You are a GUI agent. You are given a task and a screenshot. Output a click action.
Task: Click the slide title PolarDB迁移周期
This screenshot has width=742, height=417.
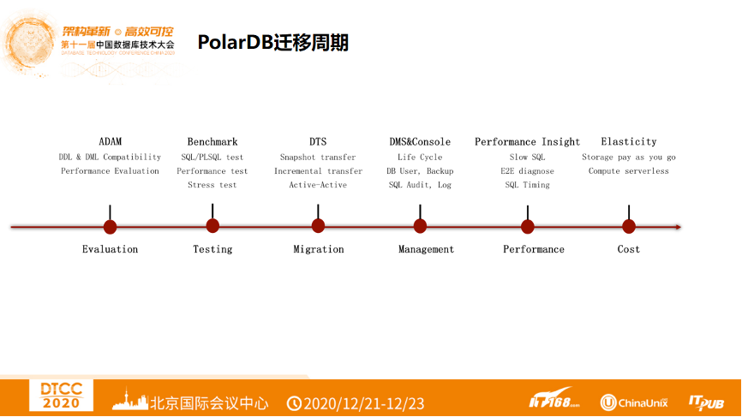(272, 43)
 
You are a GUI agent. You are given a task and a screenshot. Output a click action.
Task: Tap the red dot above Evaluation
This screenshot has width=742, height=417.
(110, 227)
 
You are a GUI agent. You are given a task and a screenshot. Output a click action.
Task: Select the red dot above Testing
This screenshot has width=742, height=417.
(212, 226)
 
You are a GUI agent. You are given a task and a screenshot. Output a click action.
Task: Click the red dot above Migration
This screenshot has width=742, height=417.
(318, 226)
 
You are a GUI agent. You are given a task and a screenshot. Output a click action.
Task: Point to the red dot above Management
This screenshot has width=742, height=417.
(420, 226)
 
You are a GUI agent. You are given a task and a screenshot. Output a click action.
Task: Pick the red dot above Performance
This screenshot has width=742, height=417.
(528, 227)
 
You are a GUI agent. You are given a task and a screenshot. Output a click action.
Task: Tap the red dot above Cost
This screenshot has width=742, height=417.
(629, 226)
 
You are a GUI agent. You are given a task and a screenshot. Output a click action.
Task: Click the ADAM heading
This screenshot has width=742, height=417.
(110, 142)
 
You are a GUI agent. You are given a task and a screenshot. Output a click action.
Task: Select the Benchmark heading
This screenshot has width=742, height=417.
(212, 142)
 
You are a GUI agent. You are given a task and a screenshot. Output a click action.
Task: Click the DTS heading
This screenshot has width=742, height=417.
(318, 142)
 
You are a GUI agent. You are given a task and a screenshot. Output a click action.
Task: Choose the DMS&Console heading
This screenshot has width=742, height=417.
(420, 142)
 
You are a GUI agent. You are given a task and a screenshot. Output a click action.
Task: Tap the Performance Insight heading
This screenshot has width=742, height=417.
(527, 142)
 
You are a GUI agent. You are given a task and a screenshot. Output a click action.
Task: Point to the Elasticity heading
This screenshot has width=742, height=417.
(629, 142)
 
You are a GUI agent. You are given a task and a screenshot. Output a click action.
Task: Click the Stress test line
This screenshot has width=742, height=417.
(212, 185)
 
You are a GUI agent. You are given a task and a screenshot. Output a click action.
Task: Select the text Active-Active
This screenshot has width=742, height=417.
(318, 185)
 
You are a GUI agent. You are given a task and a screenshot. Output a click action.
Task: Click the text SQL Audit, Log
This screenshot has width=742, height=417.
(420, 185)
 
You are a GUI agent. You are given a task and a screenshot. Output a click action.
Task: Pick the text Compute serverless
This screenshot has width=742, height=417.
(629, 171)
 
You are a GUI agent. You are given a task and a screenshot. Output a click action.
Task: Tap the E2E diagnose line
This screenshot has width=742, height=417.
(527, 171)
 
